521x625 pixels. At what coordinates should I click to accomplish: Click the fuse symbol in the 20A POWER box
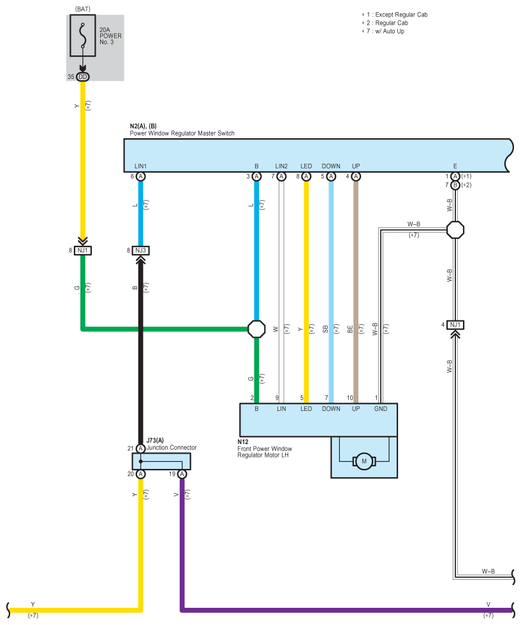82,36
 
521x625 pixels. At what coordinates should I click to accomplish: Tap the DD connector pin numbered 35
82,76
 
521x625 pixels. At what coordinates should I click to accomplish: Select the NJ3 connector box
140,250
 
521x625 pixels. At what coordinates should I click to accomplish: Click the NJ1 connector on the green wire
82,250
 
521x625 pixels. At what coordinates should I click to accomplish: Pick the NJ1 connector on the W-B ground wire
455,325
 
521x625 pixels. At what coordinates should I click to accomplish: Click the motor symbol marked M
364,461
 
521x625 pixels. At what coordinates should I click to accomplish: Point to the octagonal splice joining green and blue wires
256,329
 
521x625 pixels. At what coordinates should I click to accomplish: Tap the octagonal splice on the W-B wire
455,230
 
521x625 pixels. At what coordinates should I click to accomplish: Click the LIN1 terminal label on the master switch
140,166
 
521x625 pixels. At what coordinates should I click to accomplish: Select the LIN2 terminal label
281,166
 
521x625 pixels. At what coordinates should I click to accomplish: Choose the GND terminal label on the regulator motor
381,408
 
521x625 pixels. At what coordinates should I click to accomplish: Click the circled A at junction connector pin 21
140,449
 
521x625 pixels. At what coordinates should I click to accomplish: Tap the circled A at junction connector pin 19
182,474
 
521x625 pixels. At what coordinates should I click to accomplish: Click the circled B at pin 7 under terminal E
455,185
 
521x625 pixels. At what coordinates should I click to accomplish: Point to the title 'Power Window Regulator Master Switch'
182,133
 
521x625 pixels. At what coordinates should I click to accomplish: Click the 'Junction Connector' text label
172,448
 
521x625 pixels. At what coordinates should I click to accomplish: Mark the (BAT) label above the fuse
82,9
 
